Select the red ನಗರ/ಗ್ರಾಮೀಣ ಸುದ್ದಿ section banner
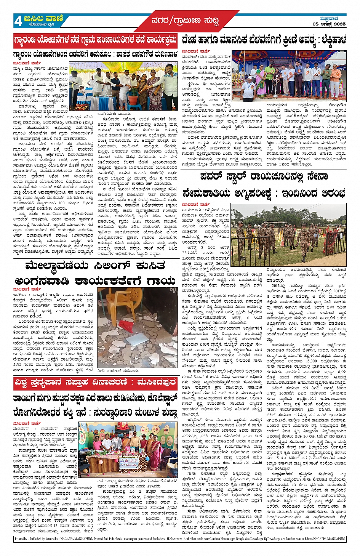pos(185,21)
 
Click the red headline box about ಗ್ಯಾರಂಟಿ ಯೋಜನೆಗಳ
pos(95,40)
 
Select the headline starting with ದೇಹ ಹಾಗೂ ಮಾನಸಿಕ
pos(264,40)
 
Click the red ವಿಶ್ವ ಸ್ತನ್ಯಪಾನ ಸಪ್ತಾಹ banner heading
pos(95,382)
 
